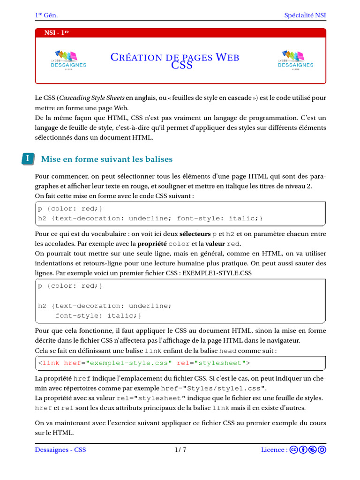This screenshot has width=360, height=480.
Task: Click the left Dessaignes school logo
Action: click(x=68, y=60)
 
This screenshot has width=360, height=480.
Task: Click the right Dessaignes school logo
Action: click(x=295, y=60)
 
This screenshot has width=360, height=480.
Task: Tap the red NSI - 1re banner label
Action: click(x=56, y=33)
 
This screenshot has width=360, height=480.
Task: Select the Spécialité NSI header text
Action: click(x=305, y=15)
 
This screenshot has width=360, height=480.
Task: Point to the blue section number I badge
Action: click(x=28, y=159)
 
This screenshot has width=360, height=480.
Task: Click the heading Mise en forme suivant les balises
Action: click(x=107, y=159)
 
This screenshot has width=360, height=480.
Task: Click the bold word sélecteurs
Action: click(x=195, y=234)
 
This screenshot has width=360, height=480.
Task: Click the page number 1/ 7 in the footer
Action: click(x=180, y=450)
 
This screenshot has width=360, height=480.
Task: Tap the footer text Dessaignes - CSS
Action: click(x=60, y=450)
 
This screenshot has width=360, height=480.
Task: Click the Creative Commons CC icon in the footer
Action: click(x=294, y=450)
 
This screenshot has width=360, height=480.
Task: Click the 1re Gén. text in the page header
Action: click(x=46, y=15)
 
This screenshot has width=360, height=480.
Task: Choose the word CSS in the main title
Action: click(x=181, y=66)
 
